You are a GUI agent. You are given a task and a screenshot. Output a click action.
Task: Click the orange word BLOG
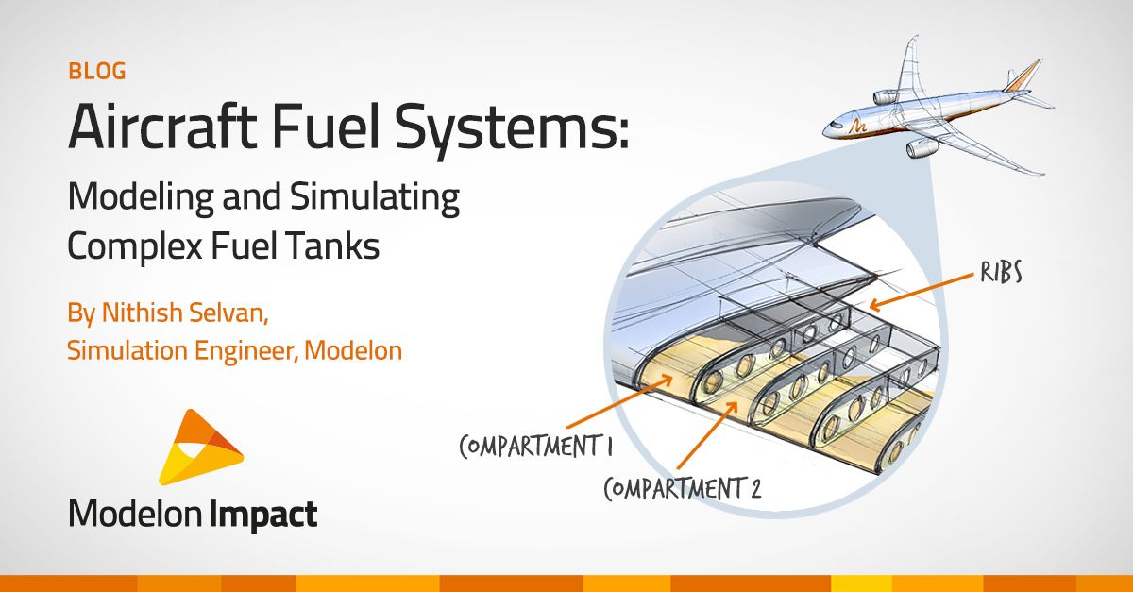coord(97,72)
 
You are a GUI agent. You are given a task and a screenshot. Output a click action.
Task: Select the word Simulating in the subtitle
coord(375,198)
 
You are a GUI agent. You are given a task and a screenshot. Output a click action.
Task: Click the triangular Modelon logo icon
coord(200,447)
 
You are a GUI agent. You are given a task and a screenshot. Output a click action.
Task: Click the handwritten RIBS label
coord(1001,272)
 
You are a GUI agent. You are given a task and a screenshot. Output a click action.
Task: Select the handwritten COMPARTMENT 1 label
coord(536,446)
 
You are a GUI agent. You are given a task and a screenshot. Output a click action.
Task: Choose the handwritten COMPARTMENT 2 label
coord(683,488)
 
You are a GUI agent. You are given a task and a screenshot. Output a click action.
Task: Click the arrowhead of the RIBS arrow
coord(874,305)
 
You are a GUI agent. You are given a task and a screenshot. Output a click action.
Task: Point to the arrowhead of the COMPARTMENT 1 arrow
coord(667,381)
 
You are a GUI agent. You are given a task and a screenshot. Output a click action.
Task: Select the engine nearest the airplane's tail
coord(887,96)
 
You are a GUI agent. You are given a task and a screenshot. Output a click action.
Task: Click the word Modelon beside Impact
coord(135,514)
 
